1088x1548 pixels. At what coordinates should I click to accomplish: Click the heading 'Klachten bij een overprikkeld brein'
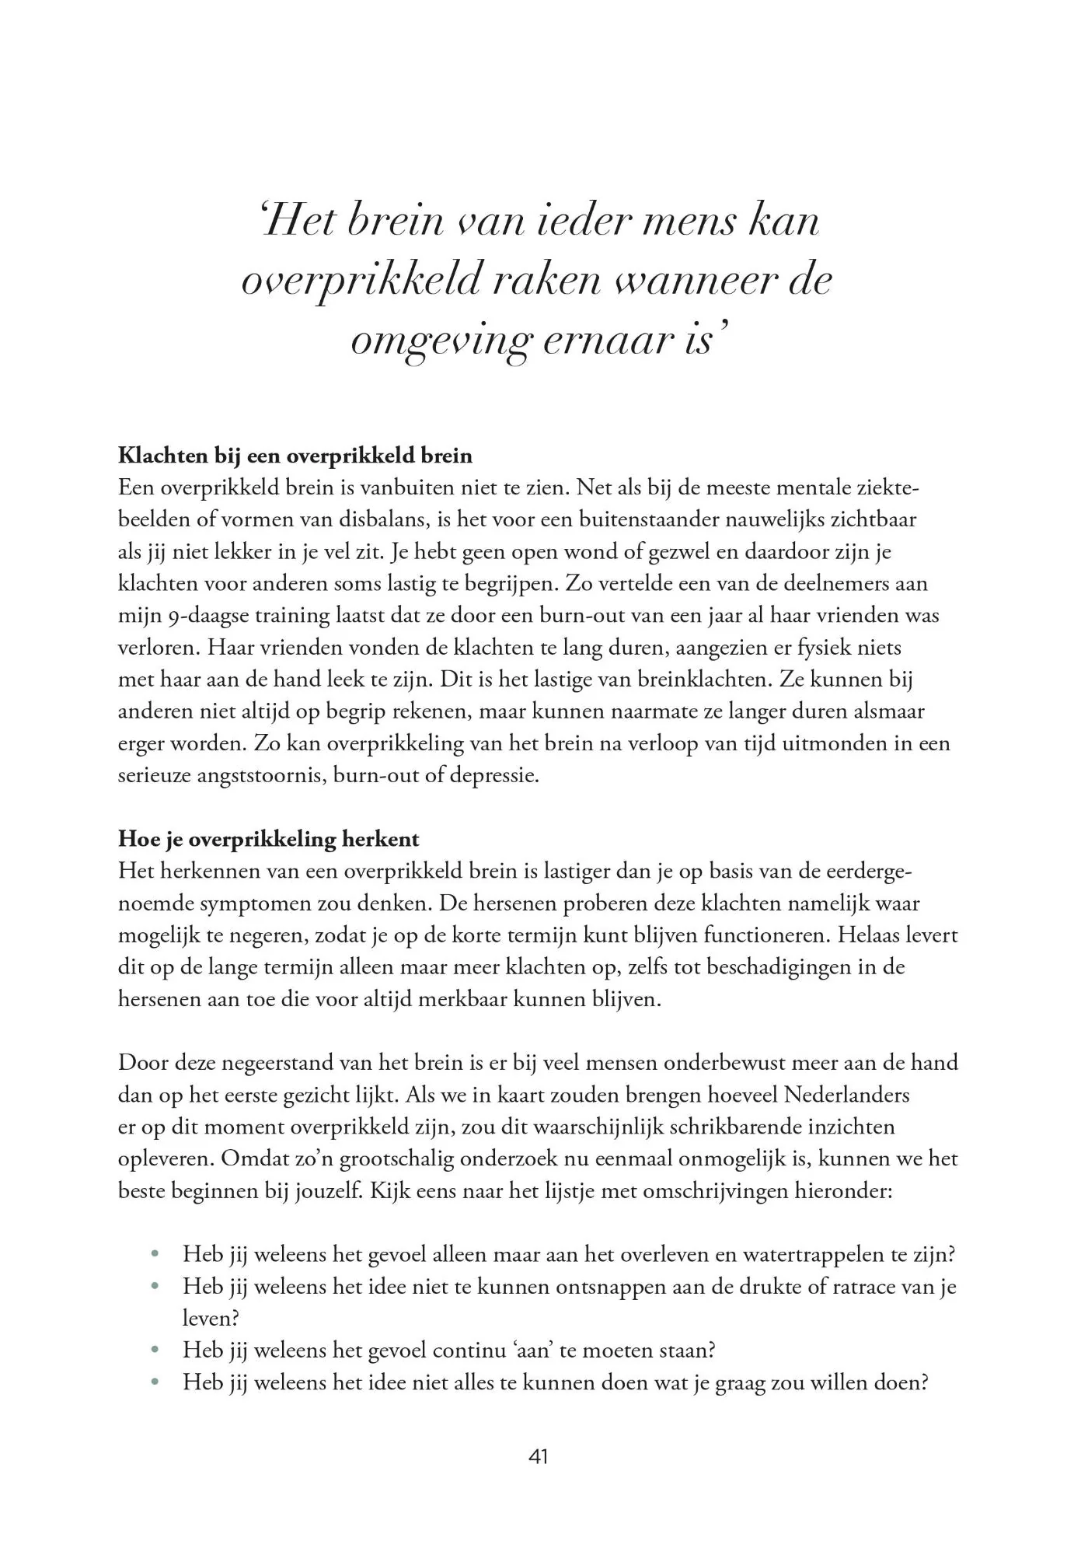click(295, 455)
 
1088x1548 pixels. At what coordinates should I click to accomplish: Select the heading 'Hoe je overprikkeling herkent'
click(268, 839)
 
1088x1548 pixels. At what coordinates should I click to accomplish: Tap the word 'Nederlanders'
click(846, 1095)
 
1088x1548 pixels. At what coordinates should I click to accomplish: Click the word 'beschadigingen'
click(776, 967)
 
